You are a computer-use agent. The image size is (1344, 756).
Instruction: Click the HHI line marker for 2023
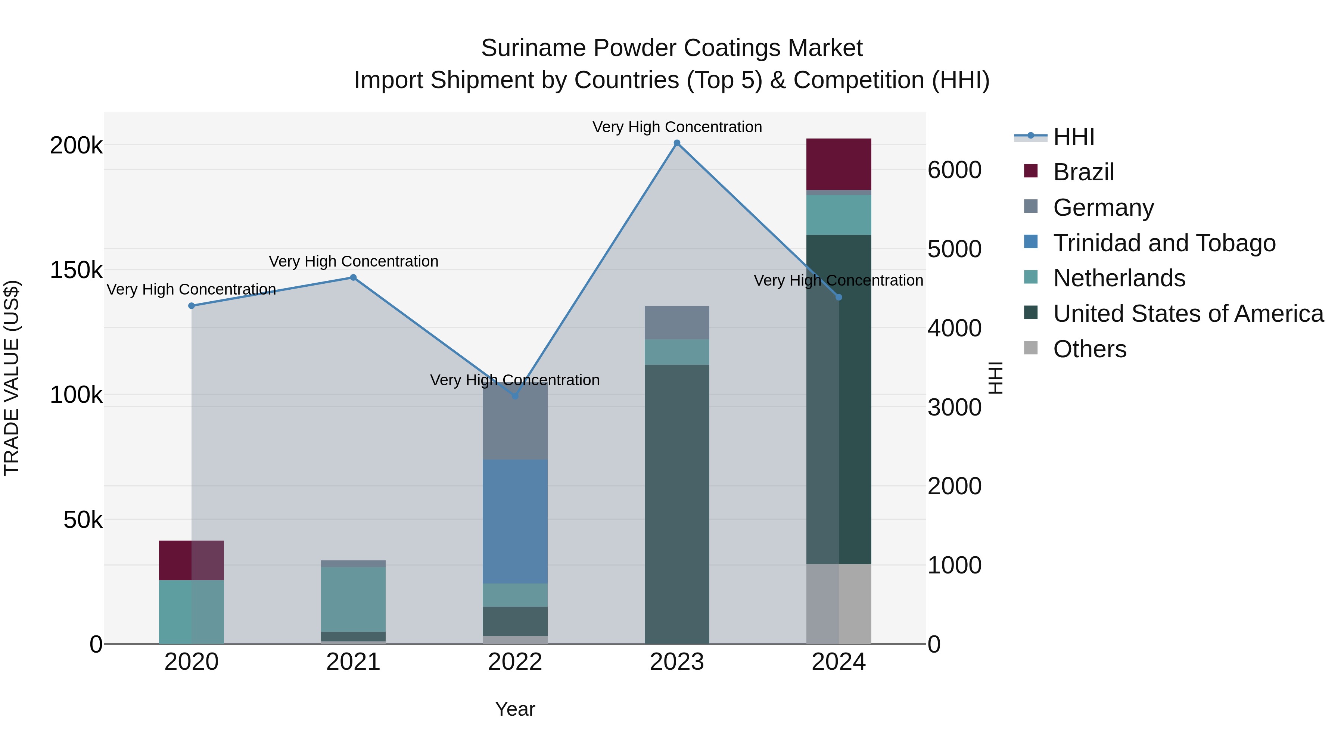coord(677,143)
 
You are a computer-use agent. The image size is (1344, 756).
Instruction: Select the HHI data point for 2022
coord(515,396)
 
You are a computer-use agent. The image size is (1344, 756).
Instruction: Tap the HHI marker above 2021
coord(353,277)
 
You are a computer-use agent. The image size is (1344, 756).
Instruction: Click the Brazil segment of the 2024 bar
coord(839,164)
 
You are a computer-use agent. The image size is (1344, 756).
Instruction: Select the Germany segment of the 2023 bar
coord(677,323)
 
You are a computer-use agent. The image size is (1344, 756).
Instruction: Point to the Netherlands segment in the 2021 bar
coord(353,599)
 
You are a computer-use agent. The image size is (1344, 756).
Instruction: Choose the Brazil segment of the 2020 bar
coord(192,560)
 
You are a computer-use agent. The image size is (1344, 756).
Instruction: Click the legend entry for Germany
coord(1103,208)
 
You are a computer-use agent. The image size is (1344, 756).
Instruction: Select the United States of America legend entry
coord(1188,314)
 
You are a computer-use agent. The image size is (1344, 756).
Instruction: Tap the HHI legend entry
coord(1073,137)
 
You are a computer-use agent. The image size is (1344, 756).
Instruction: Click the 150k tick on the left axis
coord(76,270)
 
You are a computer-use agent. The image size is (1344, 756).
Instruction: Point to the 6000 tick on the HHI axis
coord(954,170)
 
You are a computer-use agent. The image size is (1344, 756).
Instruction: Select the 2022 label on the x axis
coord(515,662)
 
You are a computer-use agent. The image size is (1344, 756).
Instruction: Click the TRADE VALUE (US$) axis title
coord(12,378)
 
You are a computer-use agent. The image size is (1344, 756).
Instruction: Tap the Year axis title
coord(515,709)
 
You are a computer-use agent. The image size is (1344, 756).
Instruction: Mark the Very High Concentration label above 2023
coord(677,127)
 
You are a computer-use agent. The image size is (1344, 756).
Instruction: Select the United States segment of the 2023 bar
coord(677,504)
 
